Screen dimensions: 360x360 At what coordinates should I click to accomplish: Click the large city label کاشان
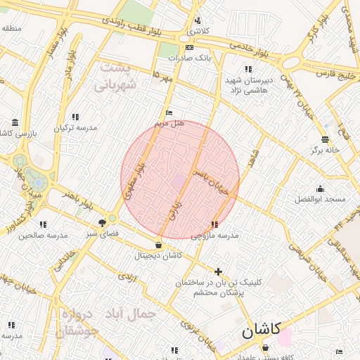[x=261, y=330]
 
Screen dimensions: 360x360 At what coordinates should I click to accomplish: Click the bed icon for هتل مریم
[x=168, y=112]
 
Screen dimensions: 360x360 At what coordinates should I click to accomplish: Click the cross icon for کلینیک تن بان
[x=218, y=271]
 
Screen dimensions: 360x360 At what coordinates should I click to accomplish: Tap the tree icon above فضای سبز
[x=103, y=223]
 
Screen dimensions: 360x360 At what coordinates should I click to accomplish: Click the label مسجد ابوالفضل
[x=321, y=199]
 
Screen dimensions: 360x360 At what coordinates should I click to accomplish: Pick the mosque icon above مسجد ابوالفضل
[x=321, y=188]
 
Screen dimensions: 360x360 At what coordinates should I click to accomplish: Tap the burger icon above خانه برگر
[x=324, y=139]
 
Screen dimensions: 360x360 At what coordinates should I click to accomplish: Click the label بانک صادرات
[x=194, y=57]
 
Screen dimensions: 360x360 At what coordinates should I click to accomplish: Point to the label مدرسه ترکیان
[x=75, y=127]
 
